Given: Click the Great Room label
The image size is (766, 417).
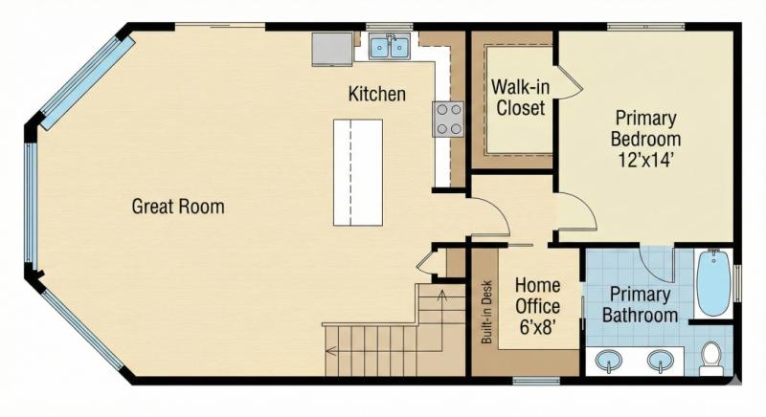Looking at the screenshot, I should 178,206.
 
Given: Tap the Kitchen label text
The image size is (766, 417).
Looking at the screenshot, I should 376,95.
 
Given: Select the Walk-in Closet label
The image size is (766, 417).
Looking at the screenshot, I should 519,98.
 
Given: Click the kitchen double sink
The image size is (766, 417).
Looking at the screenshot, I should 391,46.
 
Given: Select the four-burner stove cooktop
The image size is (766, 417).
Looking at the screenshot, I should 448,118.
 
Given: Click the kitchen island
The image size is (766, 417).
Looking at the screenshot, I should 357,172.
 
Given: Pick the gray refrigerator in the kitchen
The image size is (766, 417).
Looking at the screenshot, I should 329,49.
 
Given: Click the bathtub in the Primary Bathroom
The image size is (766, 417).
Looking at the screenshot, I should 713,283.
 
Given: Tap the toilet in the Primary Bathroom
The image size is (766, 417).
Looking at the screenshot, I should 711,356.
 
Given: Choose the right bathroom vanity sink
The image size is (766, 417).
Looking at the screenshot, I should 659,361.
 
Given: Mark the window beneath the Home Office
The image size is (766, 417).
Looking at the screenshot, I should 535,381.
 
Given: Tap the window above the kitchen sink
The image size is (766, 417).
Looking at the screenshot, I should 383,27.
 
